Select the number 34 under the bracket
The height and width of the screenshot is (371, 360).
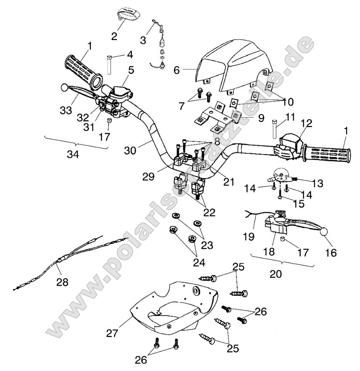[x=73, y=154]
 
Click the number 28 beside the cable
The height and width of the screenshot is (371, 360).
[x=62, y=282]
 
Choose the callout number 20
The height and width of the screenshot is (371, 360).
[x=276, y=274]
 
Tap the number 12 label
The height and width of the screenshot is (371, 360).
[x=306, y=123]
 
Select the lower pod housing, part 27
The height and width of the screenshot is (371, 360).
[x=173, y=308]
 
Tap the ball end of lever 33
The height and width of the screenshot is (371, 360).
[x=64, y=88]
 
